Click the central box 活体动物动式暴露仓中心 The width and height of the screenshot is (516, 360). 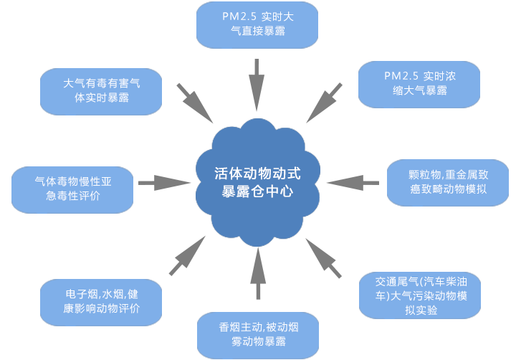tap(258, 183)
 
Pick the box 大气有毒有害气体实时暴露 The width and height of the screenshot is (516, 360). tap(101, 90)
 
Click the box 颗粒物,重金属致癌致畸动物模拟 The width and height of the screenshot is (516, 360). tap(447, 182)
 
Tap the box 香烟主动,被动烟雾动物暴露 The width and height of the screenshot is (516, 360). tap(257, 334)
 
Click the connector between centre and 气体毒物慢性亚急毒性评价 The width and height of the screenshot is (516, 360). tap(164, 183)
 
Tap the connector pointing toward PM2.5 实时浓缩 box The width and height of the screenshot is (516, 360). tap(324, 101)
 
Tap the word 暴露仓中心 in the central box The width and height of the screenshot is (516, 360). tap(258, 192)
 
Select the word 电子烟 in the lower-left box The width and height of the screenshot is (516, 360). tap(78, 294)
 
